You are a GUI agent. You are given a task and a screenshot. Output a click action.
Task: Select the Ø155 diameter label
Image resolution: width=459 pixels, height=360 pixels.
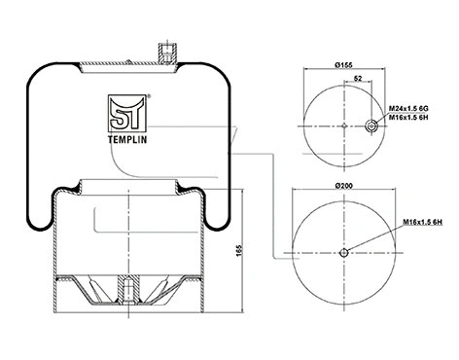(x=343, y=65)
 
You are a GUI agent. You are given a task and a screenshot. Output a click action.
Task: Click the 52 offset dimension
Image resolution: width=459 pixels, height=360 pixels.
(x=359, y=79)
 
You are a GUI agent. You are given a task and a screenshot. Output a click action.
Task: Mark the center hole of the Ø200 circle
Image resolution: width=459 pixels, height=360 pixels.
(x=344, y=254)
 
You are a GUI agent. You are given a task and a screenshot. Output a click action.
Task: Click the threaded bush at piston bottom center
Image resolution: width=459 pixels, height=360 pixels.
(x=125, y=289)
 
